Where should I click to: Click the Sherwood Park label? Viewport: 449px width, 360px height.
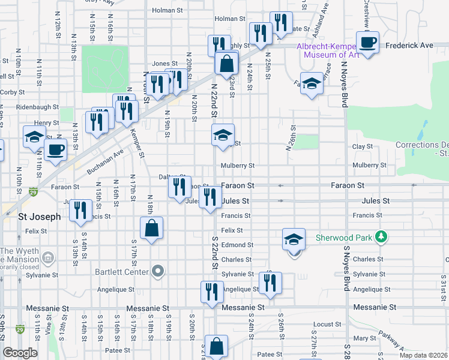tap(344, 237)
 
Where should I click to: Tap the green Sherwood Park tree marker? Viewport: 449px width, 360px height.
tap(380, 237)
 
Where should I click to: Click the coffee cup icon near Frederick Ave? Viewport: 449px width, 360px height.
tap(367, 43)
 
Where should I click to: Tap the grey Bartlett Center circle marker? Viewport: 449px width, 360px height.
tap(158, 272)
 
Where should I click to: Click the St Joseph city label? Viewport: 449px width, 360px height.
tap(40, 217)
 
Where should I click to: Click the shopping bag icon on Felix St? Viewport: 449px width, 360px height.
tap(152, 228)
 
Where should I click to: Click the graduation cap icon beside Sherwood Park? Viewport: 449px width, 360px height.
tap(294, 239)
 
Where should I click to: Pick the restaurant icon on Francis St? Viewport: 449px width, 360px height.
tap(80, 211)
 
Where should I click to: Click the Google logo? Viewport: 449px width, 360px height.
tap(20, 353)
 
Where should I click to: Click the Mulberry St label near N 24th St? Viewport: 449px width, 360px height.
tap(238, 166)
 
